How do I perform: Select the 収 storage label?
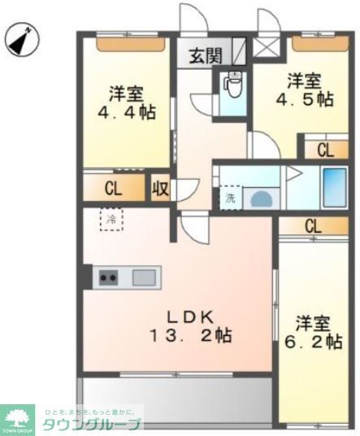click(160, 189)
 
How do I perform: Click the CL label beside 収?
click(114, 189)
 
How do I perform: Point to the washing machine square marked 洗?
click(229, 197)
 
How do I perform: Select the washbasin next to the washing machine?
click(262, 198)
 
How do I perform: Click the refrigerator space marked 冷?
click(111, 219)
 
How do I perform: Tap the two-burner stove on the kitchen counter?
click(108, 277)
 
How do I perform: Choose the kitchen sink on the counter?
click(143, 277)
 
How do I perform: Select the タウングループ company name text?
click(93, 425)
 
